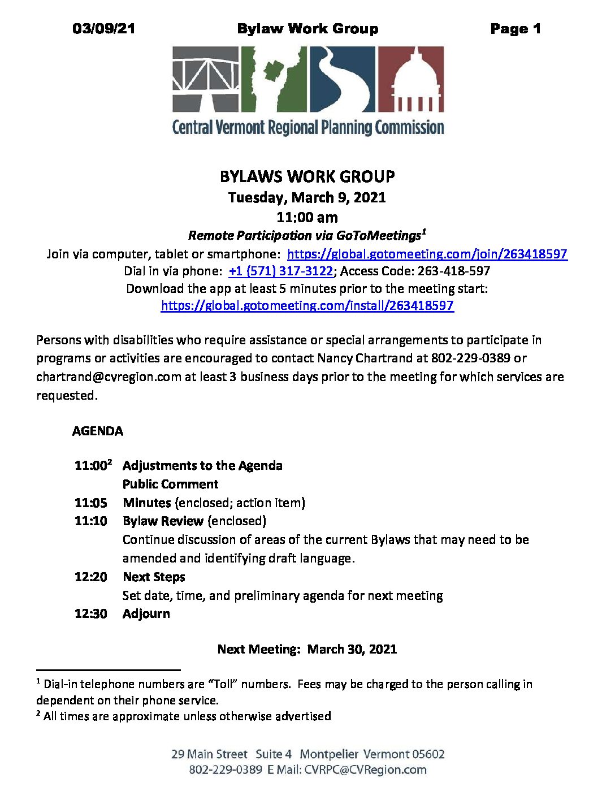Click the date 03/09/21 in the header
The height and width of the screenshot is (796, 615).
[x=103, y=29]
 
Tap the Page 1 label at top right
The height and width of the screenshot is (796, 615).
[x=515, y=29]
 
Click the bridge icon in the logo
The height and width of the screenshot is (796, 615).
[x=206, y=79]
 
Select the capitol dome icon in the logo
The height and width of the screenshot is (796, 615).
[x=410, y=79]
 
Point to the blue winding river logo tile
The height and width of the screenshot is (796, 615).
[x=341, y=79]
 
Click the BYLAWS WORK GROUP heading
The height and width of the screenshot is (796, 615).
[x=307, y=176]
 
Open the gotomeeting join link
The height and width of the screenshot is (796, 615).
[x=427, y=254]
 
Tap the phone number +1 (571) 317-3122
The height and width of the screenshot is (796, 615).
[x=280, y=271]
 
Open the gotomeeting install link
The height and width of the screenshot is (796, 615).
[x=307, y=306]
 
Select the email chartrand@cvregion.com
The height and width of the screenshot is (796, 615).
[x=109, y=377]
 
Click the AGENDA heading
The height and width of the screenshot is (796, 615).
[x=98, y=431]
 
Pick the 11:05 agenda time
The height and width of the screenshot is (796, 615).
[x=90, y=503]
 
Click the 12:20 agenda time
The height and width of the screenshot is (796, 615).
[x=90, y=577]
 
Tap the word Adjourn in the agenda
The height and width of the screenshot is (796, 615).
[x=146, y=614]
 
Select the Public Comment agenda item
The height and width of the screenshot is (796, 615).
[x=170, y=484]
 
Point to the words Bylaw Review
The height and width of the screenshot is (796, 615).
[x=163, y=521]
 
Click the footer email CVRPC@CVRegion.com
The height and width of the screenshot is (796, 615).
[x=365, y=770]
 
